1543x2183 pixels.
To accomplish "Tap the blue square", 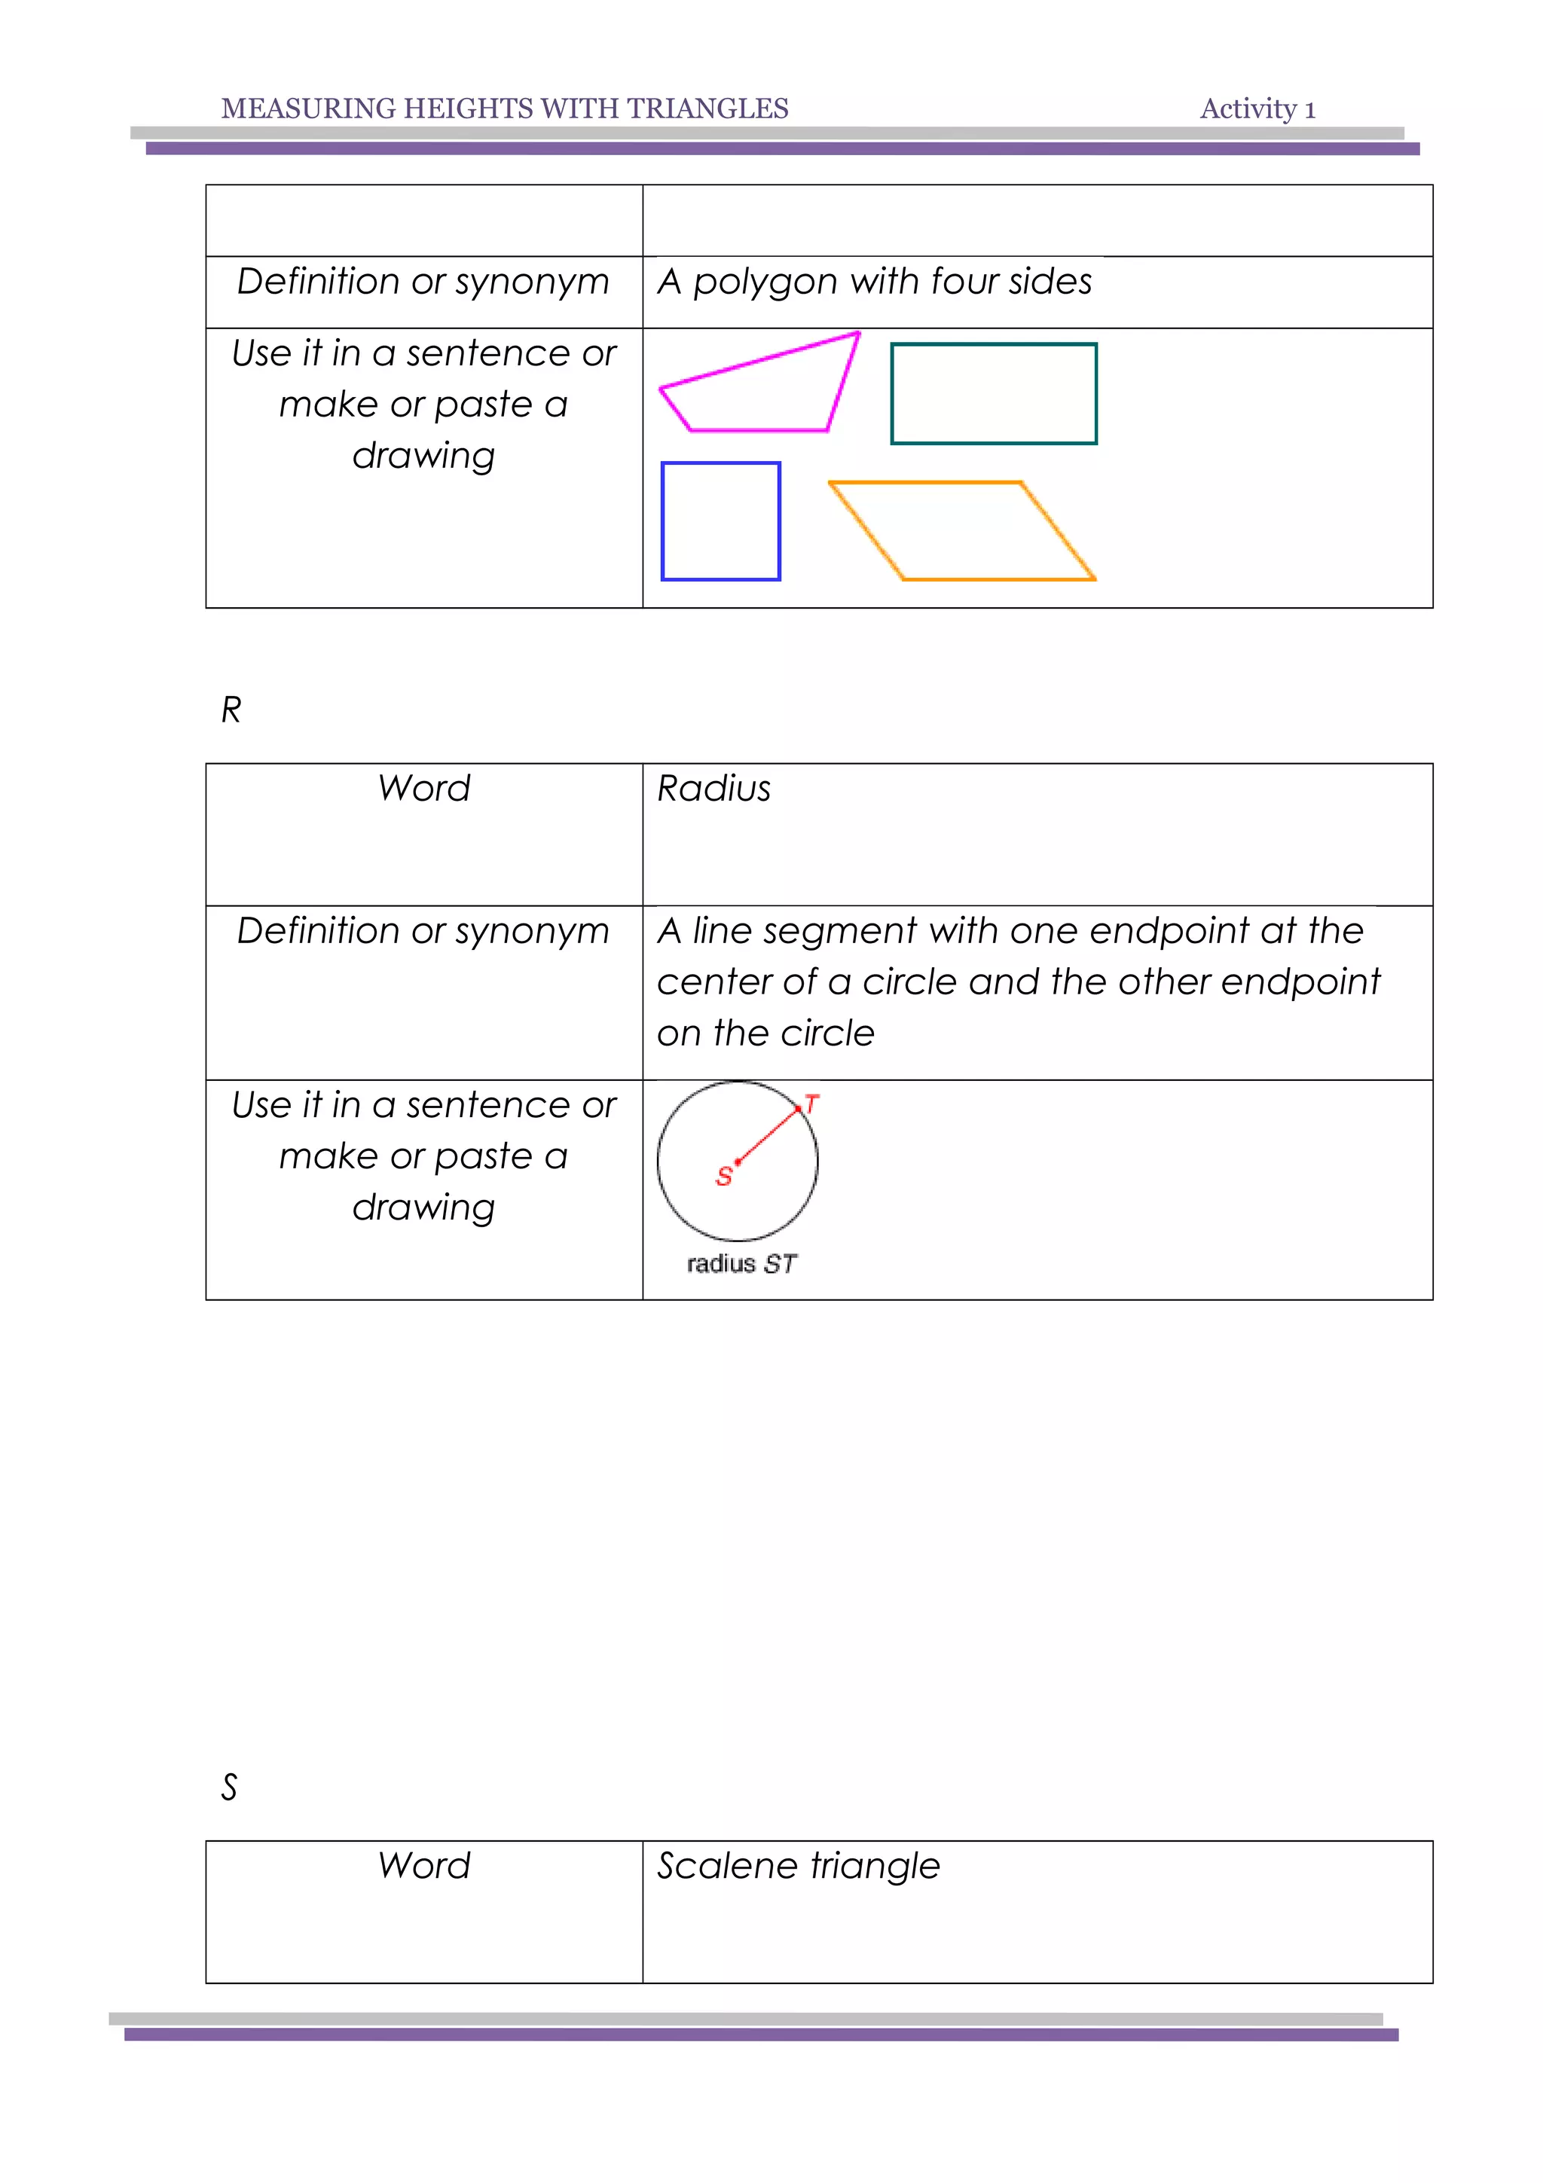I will [x=720, y=521].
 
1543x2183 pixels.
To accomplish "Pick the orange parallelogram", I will [x=962, y=530].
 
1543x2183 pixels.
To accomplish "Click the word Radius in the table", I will [x=714, y=788].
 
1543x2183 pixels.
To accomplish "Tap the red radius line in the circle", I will [x=768, y=1135].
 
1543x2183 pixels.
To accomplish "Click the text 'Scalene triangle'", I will [x=799, y=1865].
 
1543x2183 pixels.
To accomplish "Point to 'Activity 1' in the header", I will [x=1257, y=108].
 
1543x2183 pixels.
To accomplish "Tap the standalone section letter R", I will [x=231, y=710].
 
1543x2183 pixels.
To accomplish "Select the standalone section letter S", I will [x=229, y=1788].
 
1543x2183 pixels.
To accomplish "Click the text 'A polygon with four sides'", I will [x=874, y=282].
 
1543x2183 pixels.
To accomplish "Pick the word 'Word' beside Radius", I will [x=424, y=788].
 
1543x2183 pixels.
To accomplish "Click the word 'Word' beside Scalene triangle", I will [x=424, y=1865].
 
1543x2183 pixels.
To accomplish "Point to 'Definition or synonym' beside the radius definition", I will [x=423, y=931].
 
